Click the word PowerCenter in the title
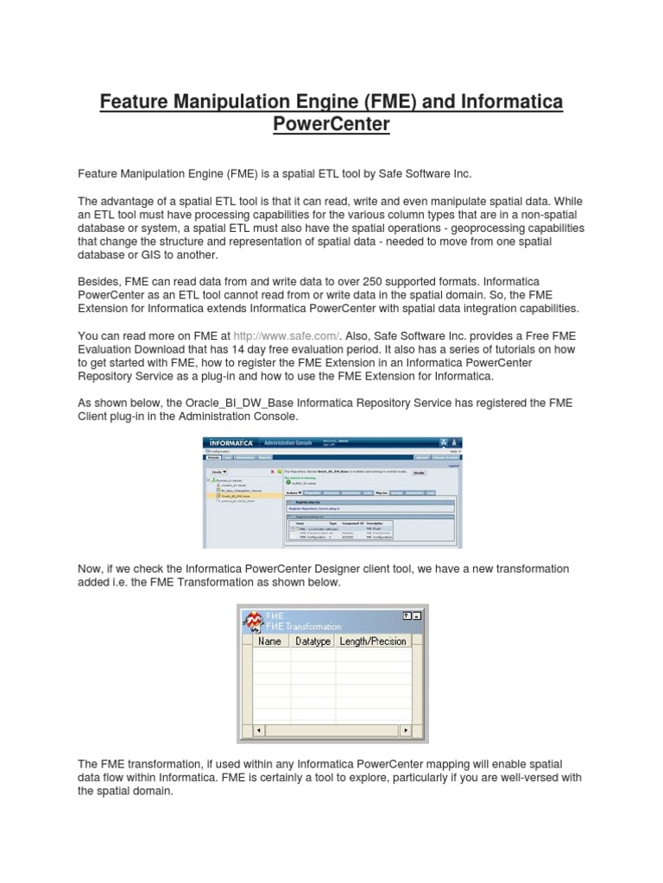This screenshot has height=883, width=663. click(331, 126)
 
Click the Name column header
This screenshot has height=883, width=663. click(270, 641)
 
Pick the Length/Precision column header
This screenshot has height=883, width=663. click(373, 641)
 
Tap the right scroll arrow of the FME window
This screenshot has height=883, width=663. click(404, 731)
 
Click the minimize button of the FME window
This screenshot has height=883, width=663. click(416, 616)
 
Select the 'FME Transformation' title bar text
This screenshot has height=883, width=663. click(303, 627)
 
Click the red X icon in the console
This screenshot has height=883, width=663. click(273, 473)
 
